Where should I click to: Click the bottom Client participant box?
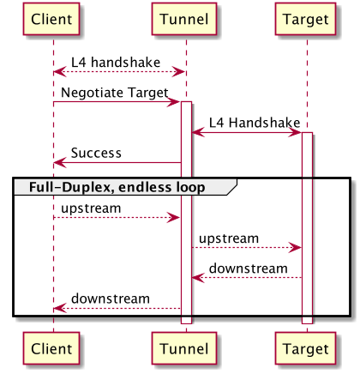pyautogui.click(x=53, y=349)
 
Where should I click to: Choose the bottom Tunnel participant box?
pyautogui.click(x=185, y=349)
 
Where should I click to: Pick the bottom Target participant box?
pyautogui.click(x=306, y=349)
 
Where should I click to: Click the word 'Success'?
pyautogui.click(x=95, y=154)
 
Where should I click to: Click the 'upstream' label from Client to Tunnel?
pyautogui.click(x=91, y=208)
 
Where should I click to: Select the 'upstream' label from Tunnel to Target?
pyautogui.click(x=229, y=238)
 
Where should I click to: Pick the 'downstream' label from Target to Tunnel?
pyautogui.click(x=249, y=268)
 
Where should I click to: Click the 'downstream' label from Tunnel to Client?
pyautogui.click(x=110, y=299)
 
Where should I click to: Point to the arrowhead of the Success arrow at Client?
pyautogui.click(x=57, y=162)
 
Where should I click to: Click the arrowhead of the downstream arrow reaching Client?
pyautogui.click(x=57, y=308)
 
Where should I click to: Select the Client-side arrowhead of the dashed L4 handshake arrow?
pyautogui.click(x=57, y=72)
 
